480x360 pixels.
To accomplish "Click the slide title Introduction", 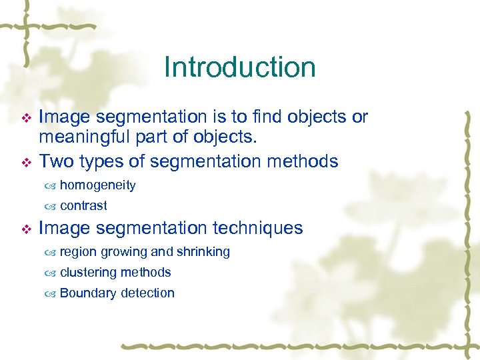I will click(239, 67).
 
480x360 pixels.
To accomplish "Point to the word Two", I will click(56, 161).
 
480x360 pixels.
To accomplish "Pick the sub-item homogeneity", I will click(97, 185).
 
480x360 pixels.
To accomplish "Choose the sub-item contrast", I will click(83, 205).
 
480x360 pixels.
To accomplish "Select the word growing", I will click(123, 252).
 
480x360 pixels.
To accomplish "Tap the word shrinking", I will click(203, 252).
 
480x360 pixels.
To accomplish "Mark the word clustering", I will click(87, 272).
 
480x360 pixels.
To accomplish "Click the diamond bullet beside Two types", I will click(26, 162).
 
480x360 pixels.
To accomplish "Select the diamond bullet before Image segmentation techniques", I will click(26, 229).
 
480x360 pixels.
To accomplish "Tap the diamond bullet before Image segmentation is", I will click(26, 118).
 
